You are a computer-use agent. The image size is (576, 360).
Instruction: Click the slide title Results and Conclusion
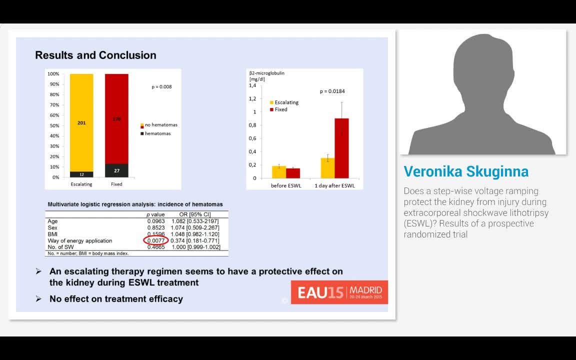pos(95,55)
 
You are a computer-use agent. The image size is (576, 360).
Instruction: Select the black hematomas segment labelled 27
pos(116,170)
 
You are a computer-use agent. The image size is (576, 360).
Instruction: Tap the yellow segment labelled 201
pos(81,122)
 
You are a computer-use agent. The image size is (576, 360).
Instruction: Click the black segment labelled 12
pos(81,174)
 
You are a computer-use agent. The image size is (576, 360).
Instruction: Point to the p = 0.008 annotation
pos(161,86)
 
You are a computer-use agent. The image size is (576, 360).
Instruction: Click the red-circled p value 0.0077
pos(156,240)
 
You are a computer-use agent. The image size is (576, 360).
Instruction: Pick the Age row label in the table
pos(52,221)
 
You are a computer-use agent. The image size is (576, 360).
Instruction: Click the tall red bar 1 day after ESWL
pos(341,148)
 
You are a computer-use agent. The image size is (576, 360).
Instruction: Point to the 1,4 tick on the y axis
pos(252,85)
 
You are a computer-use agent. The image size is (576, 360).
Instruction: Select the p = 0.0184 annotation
pos(332,91)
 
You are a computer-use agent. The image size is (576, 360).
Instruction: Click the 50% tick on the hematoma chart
pos(53,125)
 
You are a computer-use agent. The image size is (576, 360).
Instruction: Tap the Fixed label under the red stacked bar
pos(116,184)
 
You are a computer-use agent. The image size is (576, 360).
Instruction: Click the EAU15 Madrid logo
pos(339,292)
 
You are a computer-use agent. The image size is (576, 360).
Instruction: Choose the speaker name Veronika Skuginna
pos(466,171)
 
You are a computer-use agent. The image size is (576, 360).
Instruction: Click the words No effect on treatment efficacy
pos(116,299)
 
